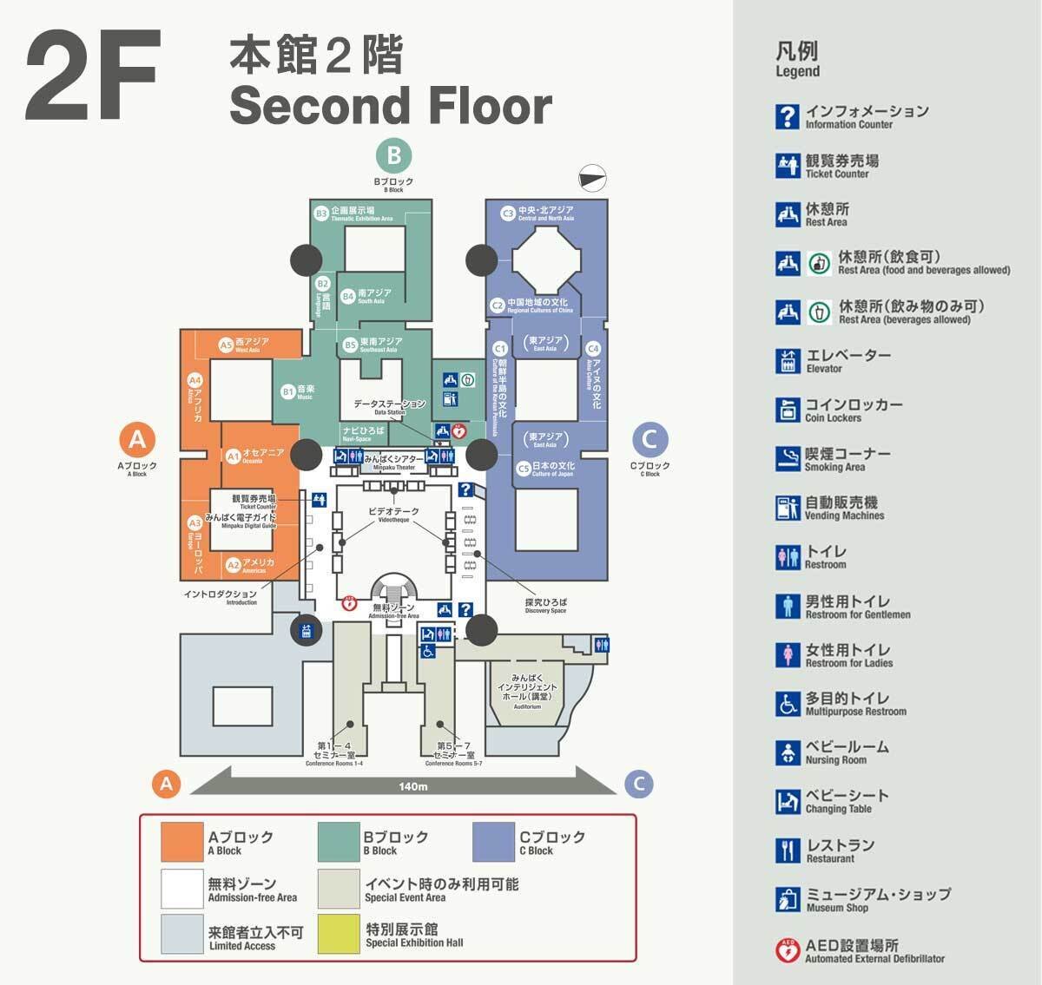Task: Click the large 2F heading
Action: coord(92,76)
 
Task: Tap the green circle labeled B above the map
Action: coord(393,156)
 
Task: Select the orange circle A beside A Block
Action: coord(137,440)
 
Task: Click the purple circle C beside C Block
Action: coord(650,440)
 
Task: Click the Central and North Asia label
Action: coord(545,213)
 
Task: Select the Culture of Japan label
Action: coord(552,469)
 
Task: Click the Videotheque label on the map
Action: coord(393,515)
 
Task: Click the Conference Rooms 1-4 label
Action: coord(334,753)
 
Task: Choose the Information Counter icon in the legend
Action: coord(788,116)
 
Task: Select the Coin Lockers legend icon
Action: coord(788,410)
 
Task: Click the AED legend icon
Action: coord(788,951)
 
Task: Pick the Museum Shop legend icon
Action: coord(788,900)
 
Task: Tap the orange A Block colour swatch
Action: coord(181,842)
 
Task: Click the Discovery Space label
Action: coord(545,605)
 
